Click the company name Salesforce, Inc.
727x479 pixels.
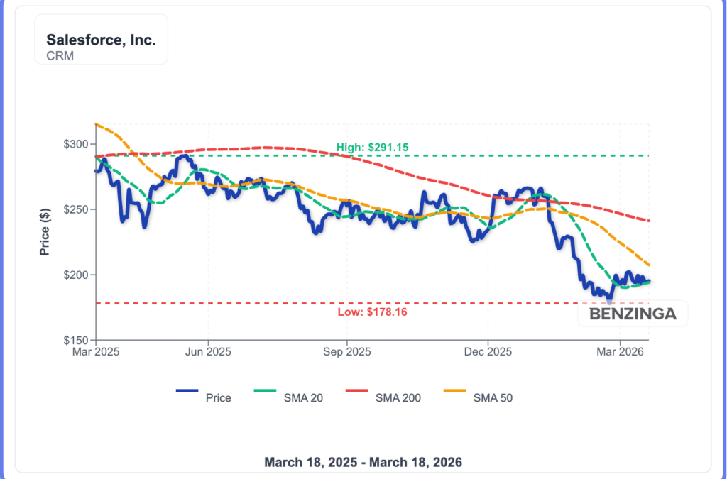pos(101,40)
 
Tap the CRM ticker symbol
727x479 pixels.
pos(60,55)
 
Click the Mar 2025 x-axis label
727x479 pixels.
pos(96,351)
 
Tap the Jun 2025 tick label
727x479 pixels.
pos(207,351)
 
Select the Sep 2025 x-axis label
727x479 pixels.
pos(346,351)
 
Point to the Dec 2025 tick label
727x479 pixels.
pos(488,351)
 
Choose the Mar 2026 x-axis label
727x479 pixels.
pos(621,351)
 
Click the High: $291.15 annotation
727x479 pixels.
pos(373,148)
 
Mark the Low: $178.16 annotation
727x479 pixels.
pos(373,312)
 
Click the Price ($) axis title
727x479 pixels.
pos(45,231)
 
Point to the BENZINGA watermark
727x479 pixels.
pos(633,314)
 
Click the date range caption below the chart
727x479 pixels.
pos(363,463)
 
